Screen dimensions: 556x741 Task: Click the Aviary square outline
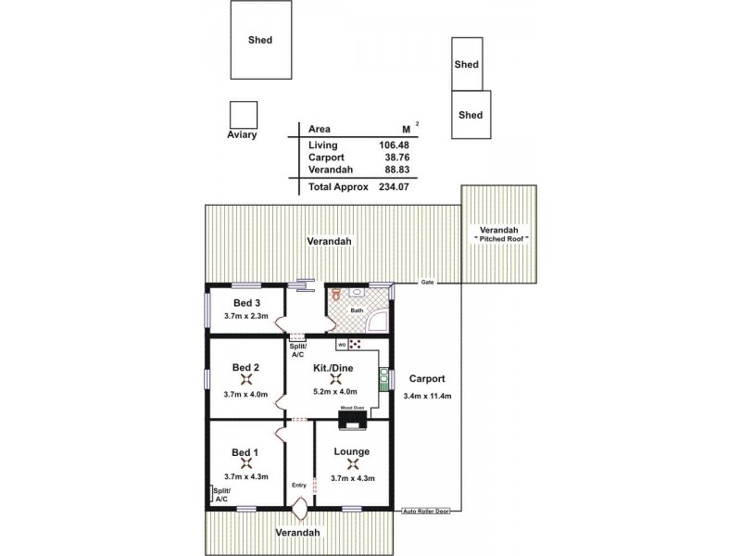244,114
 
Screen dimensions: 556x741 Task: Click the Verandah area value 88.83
394,171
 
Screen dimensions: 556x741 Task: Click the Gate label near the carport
427,282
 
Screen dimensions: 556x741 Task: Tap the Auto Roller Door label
427,511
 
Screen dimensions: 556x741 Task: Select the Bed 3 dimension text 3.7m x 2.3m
245,316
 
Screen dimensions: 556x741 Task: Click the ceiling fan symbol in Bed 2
245,378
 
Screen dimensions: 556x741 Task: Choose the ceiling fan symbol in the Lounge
350,464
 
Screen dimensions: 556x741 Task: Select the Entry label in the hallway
298,485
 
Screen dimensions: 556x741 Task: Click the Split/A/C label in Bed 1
221,494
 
